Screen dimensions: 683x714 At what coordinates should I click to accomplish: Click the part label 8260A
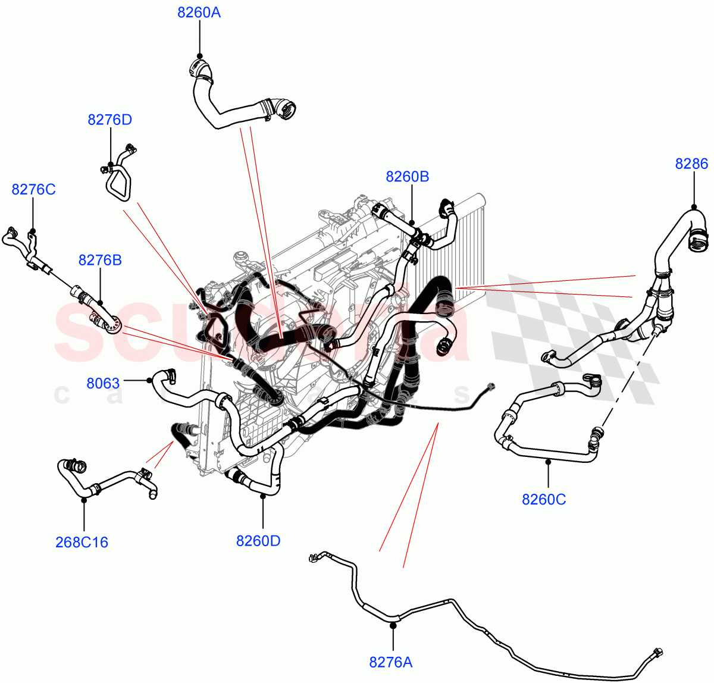[199, 12]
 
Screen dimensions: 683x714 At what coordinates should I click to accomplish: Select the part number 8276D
[110, 120]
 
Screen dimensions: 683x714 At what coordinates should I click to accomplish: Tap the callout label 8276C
[33, 189]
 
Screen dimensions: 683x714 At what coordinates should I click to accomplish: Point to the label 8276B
[100, 260]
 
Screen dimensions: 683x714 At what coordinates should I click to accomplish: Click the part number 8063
[103, 383]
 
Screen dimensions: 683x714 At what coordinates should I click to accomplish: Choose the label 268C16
[82, 542]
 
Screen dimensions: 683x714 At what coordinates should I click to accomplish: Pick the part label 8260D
[258, 541]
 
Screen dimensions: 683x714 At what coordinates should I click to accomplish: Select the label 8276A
[391, 662]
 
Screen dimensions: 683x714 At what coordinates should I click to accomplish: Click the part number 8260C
[544, 499]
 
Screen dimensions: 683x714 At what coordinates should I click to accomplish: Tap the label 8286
[691, 164]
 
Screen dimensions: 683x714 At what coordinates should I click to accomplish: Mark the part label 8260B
[408, 177]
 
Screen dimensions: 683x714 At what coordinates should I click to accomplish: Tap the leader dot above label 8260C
[548, 460]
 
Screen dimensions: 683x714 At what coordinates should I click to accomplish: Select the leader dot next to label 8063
[149, 380]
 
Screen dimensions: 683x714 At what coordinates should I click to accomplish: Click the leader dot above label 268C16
[83, 500]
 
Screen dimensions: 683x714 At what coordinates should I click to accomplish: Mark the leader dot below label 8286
[693, 206]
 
